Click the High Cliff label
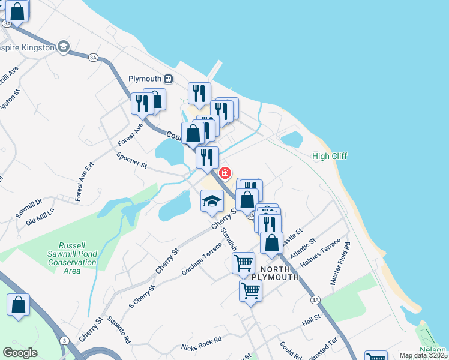[x=330, y=156]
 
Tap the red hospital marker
[x=225, y=173]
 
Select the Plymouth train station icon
[x=169, y=79]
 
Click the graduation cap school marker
[x=212, y=200]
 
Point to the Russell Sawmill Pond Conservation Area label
[x=71, y=258]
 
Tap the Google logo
[x=20, y=353]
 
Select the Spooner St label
[x=132, y=160]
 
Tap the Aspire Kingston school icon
[x=63, y=47]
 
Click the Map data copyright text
[x=423, y=355]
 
